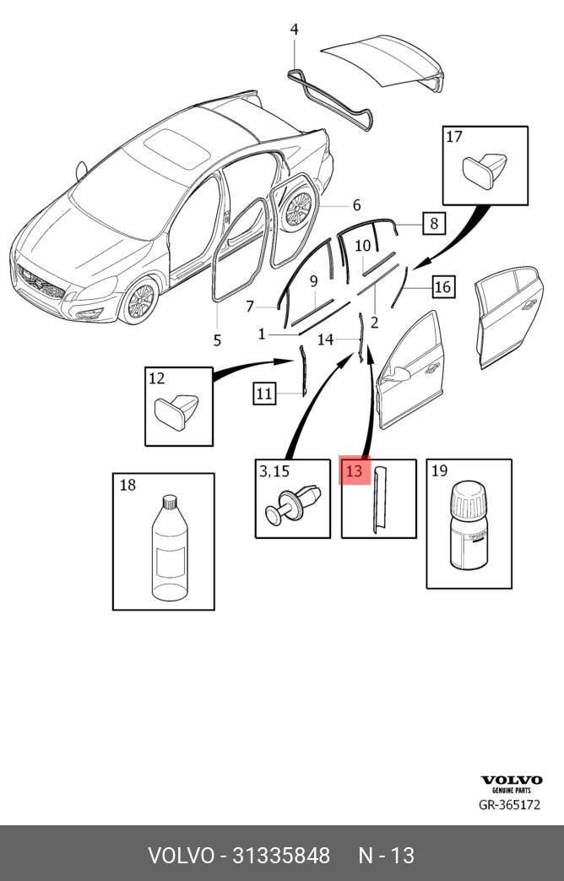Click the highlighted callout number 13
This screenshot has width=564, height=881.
(354, 470)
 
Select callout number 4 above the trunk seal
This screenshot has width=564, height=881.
(294, 30)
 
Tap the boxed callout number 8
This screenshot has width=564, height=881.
(433, 223)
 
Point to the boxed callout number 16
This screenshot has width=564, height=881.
(442, 287)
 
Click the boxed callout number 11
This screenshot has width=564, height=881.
(264, 393)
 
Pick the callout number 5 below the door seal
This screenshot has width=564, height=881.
(217, 340)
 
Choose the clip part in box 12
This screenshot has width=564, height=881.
(177, 412)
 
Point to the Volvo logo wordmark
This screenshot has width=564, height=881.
(512, 780)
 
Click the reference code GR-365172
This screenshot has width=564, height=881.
(509, 805)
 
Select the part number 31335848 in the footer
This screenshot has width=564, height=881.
(275, 855)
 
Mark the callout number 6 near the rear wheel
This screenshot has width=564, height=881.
(356, 205)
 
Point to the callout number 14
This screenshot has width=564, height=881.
(326, 340)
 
